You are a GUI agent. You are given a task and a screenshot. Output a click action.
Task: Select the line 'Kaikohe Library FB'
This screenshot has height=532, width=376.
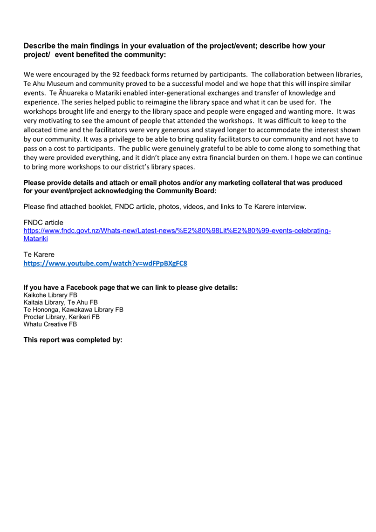pyautogui.click(x=50, y=295)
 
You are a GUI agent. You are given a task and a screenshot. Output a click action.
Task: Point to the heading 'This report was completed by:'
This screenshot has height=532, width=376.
pyautogui.click(x=73, y=340)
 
